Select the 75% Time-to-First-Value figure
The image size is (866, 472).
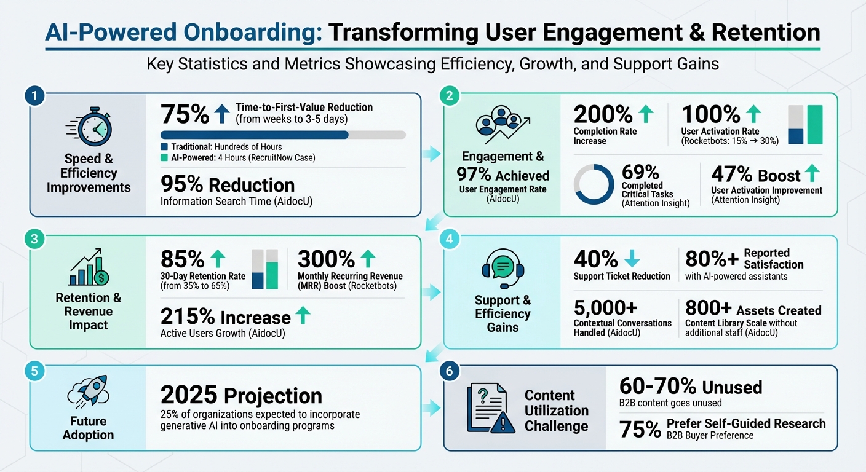[185, 115]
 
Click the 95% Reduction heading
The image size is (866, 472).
[227, 185]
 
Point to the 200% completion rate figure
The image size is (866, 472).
[603, 114]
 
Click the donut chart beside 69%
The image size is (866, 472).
[594, 184]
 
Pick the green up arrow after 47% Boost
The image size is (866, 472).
[812, 174]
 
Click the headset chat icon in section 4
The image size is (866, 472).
[503, 269]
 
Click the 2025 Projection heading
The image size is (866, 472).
[241, 395]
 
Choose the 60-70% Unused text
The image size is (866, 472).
[689, 387]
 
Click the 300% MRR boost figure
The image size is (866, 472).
[326, 259]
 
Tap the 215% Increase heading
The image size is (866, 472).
[225, 317]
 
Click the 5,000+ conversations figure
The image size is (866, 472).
[606, 307]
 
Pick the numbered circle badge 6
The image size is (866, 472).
[449, 371]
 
